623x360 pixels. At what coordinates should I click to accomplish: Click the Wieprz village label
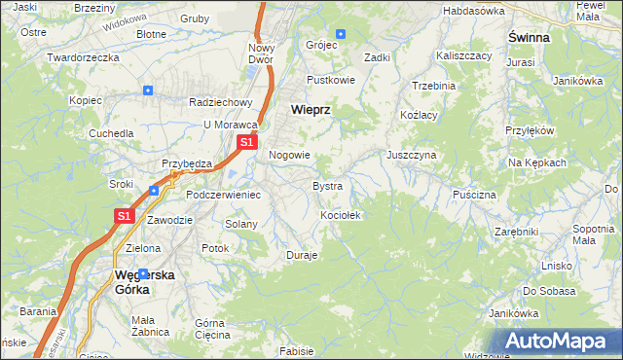point(311,110)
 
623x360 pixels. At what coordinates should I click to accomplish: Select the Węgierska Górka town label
point(145,281)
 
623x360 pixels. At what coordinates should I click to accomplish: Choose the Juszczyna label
point(411,155)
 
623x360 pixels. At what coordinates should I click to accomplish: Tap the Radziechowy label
point(221,102)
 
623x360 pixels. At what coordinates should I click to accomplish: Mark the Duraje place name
point(302,255)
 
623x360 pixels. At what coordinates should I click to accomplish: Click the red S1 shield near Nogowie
point(247,142)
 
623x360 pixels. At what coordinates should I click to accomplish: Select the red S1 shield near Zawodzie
point(125,216)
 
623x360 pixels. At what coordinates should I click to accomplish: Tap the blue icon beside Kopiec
point(147,90)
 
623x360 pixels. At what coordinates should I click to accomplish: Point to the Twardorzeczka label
point(83,57)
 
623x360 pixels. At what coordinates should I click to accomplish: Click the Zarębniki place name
point(516,233)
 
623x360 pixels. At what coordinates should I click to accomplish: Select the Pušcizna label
point(474,195)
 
